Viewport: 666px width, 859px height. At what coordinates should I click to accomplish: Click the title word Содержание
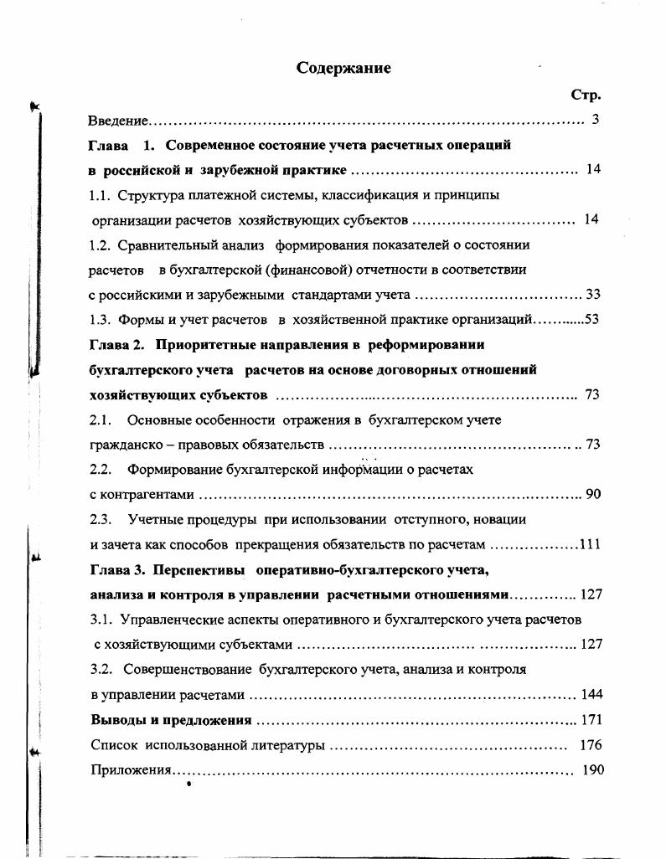pos(343,69)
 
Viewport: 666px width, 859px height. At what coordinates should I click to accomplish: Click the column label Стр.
pos(586,95)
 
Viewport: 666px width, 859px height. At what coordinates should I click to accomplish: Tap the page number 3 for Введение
pos(595,120)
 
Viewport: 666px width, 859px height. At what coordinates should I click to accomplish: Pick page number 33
pos(593,294)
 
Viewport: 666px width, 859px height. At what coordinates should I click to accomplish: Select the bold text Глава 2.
pos(117,344)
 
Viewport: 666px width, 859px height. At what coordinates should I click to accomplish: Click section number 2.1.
pos(101,419)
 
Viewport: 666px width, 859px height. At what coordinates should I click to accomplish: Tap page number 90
pos(593,494)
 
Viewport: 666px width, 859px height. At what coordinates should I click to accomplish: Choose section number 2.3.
pos(101,519)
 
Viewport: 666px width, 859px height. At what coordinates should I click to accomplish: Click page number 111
pos(590,544)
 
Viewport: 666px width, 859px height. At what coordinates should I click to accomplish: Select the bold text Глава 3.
pos(117,569)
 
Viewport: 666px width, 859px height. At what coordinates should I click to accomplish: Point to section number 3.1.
pos(101,620)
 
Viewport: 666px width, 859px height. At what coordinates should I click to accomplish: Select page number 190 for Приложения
pos(592,769)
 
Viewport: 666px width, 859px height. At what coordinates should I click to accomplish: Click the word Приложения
pos(131,770)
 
